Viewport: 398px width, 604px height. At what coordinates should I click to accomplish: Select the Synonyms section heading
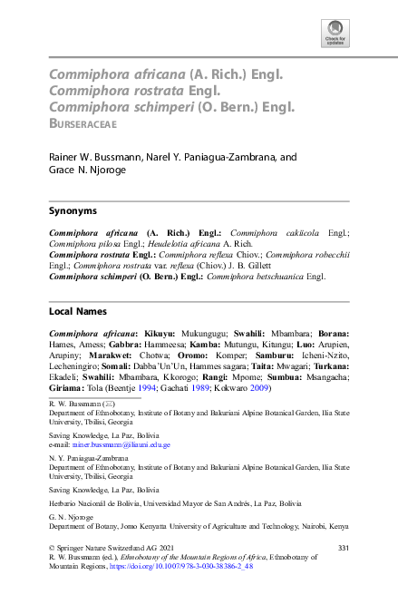point(73,209)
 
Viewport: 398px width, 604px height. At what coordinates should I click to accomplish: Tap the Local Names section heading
point(77,310)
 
